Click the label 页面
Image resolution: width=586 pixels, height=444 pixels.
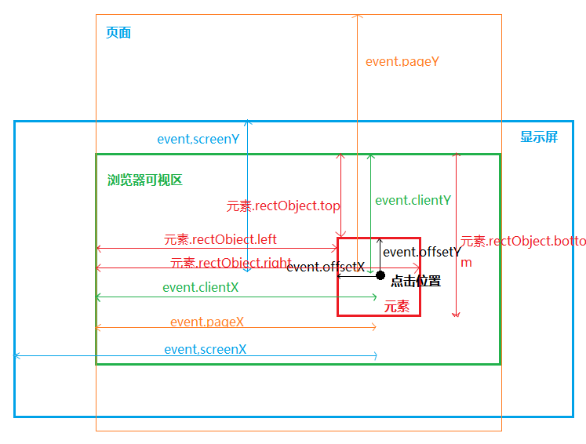(x=118, y=33)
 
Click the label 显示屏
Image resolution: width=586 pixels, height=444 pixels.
(x=539, y=137)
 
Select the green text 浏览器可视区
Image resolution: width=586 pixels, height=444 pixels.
(x=144, y=180)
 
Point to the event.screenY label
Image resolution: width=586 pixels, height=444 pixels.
(x=198, y=139)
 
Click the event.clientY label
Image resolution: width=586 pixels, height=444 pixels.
(x=413, y=200)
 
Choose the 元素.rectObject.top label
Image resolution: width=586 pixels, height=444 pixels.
(x=283, y=206)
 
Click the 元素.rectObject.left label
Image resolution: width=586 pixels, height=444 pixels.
(x=220, y=239)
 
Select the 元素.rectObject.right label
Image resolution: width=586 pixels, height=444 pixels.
(x=231, y=263)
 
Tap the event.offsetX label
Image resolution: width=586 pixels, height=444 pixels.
(x=325, y=267)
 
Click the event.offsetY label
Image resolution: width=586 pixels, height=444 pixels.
(x=420, y=252)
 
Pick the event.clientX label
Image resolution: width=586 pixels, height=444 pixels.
(x=200, y=287)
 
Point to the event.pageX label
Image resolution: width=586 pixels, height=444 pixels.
(x=206, y=322)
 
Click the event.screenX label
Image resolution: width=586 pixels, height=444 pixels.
(x=205, y=349)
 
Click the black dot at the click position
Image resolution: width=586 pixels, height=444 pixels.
(x=380, y=275)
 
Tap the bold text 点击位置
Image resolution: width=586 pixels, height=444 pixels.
(x=415, y=281)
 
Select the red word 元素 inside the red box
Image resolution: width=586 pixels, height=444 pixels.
(x=396, y=306)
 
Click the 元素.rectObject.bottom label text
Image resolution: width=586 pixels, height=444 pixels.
(x=522, y=242)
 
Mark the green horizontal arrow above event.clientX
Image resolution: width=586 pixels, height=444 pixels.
(x=235, y=297)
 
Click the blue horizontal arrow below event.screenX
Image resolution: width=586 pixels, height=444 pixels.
(x=196, y=356)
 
